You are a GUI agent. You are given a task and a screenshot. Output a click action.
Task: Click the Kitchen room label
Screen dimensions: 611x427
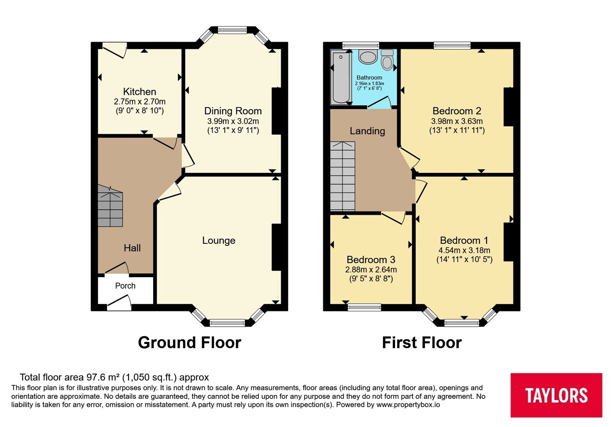(x=139, y=91)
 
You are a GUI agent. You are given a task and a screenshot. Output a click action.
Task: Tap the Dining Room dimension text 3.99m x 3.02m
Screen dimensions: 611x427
(x=233, y=121)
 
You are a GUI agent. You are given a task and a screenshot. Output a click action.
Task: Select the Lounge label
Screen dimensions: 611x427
(x=218, y=241)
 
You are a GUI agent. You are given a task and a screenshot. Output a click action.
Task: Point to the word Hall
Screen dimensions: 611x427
(x=132, y=248)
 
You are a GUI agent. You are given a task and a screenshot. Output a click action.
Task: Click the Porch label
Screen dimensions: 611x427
(x=125, y=286)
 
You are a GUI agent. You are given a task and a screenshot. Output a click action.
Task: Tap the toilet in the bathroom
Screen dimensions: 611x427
(x=387, y=59)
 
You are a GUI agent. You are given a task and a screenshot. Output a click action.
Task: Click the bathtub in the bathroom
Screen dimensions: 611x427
(x=341, y=78)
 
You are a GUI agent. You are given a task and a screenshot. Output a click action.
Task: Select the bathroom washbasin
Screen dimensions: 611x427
(x=368, y=57)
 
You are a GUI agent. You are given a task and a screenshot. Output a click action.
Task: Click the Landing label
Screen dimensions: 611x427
(x=367, y=131)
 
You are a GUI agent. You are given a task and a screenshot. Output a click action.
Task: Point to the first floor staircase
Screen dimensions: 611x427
(x=343, y=176)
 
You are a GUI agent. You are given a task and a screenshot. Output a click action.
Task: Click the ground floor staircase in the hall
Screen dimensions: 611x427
(x=110, y=206)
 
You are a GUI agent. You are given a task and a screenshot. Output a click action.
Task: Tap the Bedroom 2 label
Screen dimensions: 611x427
(x=457, y=111)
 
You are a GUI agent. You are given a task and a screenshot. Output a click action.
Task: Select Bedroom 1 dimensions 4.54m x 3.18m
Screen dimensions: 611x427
(x=464, y=250)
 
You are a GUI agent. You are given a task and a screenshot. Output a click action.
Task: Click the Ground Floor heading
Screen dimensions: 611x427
(x=189, y=343)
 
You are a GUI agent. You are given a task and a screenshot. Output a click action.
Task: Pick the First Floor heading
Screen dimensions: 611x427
(x=422, y=343)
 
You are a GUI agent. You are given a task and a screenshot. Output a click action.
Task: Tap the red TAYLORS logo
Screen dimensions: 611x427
(x=556, y=395)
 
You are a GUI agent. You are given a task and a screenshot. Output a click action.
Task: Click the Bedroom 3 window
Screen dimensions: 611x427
(x=364, y=307)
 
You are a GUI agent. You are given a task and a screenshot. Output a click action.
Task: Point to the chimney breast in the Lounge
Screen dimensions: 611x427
(x=276, y=247)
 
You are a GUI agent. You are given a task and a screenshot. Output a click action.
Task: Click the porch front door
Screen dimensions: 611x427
(x=119, y=303)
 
